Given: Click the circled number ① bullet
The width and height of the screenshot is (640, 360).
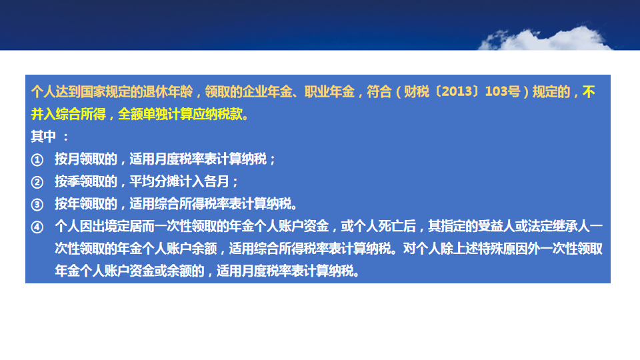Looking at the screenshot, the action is [37, 159].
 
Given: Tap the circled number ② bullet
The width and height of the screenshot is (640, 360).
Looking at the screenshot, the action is [37, 182].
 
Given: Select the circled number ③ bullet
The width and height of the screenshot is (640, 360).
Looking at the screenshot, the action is [37, 205].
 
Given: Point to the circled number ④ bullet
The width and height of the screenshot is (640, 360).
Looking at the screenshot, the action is [37, 227].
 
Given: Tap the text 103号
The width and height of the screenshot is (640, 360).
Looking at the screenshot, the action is [503, 91].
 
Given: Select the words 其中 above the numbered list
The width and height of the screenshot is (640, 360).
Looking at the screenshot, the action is [43, 136].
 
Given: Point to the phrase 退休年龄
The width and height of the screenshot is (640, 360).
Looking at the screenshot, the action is [168, 91].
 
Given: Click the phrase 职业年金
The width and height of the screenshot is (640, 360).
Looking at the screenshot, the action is [329, 91].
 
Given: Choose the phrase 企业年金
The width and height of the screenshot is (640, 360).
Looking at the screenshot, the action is [267, 91].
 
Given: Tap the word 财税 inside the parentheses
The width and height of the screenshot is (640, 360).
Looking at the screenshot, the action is [416, 91].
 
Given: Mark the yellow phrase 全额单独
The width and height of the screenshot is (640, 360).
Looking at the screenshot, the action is [143, 114].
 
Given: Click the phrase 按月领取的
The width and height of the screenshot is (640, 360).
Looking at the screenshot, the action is [86, 159].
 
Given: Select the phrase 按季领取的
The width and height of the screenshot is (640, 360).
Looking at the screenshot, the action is [86, 181].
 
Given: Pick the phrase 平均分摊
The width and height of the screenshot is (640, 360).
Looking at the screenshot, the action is [155, 181].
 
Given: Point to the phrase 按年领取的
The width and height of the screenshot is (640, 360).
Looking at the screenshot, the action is [86, 204].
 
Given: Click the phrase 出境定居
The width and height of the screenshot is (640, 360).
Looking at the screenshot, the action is [117, 226].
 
